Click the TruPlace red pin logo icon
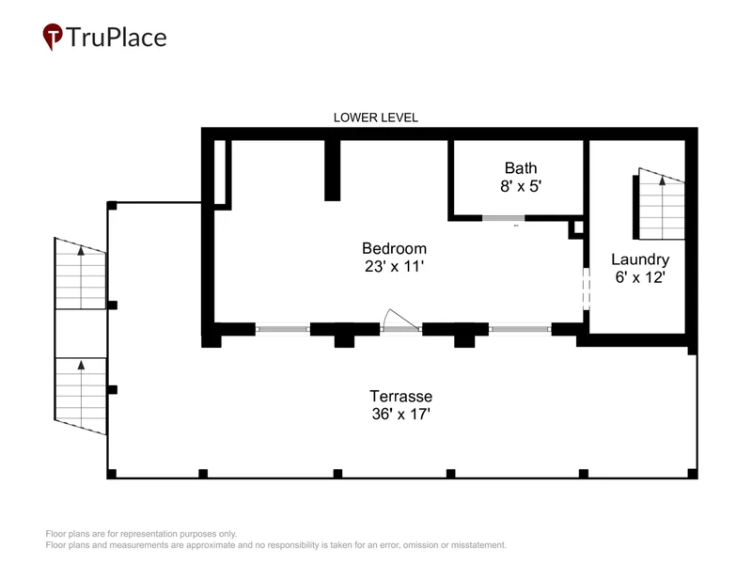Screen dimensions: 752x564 click(x=53, y=37)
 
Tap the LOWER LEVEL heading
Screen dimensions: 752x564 click(x=375, y=117)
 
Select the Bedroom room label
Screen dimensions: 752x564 click(x=394, y=248)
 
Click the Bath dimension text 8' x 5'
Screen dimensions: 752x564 click(x=521, y=185)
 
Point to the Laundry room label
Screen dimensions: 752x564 click(x=640, y=259)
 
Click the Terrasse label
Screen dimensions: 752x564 click(x=401, y=396)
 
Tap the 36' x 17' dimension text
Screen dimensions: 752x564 click(x=401, y=414)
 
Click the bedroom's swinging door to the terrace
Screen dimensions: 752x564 click(x=400, y=320)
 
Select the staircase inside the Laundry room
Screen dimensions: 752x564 click(x=659, y=204)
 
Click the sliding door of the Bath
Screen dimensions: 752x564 click(x=503, y=218)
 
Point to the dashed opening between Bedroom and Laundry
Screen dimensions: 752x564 click(x=586, y=289)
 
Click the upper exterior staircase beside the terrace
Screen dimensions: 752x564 click(x=80, y=274)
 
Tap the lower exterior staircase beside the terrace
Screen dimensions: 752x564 click(x=80, y=396)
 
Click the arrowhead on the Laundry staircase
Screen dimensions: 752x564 click(x=663, y=180)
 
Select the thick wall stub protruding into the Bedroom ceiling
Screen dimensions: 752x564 click(x=333, y=170)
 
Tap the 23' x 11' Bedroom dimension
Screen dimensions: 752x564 click(x=394, y=266)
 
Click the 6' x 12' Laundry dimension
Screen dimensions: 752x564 click(x=640, y=277)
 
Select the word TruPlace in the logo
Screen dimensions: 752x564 click(x=117, y=38)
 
